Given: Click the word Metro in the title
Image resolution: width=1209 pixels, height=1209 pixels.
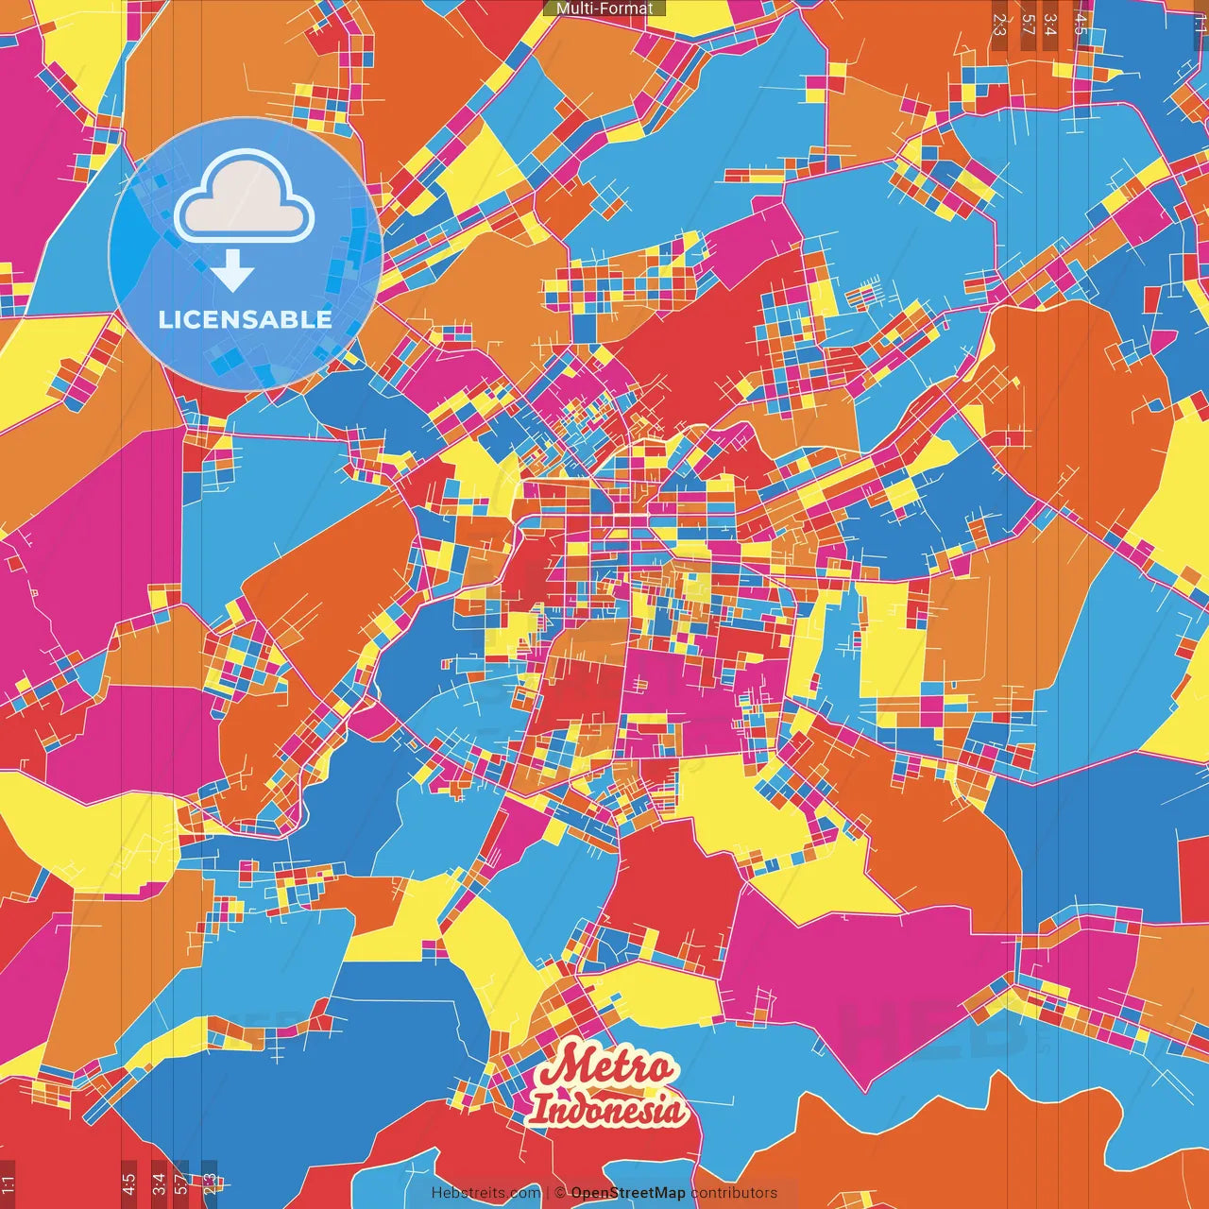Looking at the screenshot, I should [606, 1068].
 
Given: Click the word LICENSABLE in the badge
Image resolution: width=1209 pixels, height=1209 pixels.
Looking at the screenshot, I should [246, 319].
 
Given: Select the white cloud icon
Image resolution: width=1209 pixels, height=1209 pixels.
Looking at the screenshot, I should [245, 199].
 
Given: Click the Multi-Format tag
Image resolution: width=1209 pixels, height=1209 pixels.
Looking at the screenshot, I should [604, 9].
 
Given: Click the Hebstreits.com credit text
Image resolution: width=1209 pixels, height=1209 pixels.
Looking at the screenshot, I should [485, 1193].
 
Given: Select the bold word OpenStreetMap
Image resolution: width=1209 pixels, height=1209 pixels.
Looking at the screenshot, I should [628, 1193].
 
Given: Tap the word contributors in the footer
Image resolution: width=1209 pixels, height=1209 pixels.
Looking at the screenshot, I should [734, 1193].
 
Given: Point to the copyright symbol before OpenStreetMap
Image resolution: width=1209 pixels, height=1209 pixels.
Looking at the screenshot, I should [559, 1193].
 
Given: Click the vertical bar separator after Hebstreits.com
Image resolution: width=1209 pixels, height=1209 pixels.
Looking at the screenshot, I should [547, 1193].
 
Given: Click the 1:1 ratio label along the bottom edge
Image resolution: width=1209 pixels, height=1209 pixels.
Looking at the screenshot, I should [8, 1184].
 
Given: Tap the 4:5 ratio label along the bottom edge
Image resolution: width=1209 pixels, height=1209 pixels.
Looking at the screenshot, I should [128, 1183].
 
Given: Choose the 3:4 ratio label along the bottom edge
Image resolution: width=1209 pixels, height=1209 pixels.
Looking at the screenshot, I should [159, 1183].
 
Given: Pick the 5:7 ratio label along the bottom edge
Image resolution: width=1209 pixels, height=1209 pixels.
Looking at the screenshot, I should [181, 1183].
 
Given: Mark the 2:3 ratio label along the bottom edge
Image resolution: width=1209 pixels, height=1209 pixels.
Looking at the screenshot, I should [210, 1183].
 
